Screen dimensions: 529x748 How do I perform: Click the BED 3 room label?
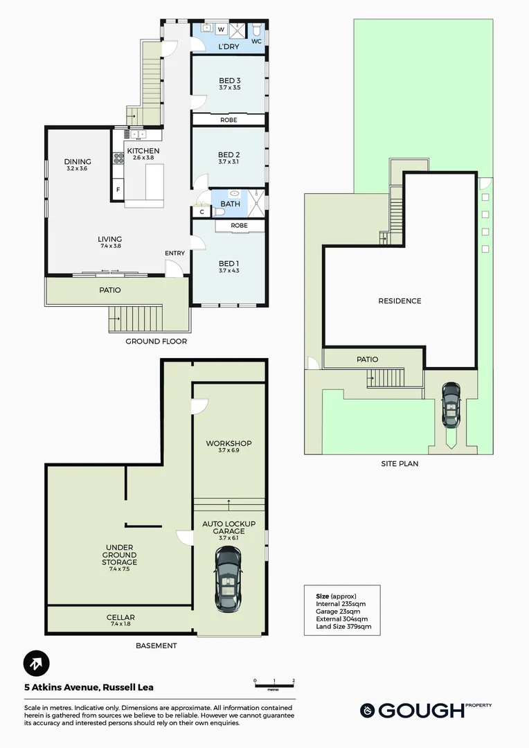tap(229, 80)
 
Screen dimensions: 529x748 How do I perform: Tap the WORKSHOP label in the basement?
tap(228, 443)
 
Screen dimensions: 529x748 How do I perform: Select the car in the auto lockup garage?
tap(228, 579)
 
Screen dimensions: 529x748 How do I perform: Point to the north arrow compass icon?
tap(36, 664)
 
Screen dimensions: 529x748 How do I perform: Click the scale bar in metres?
tap(274, 684)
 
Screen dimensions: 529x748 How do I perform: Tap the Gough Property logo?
tap(426, 710)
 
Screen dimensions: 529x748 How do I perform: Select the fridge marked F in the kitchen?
tap(118, 189)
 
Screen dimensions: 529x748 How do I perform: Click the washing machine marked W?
tap(222, 30)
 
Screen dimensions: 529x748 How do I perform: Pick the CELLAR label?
tap(120, 617)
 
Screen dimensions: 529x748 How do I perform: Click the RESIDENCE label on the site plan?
tap(400, 301)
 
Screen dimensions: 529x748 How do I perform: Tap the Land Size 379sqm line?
tap(343, 626)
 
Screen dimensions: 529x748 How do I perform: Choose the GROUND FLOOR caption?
tap(156, 341)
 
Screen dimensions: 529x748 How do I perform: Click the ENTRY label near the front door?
tap(174, 253)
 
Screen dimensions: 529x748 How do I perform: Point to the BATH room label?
tap(231, 204)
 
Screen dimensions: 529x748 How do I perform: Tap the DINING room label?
tap(78, 161)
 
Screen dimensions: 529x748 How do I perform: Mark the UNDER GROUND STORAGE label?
tap(119, 555)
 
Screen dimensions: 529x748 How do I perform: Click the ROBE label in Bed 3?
tap(228, 121)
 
